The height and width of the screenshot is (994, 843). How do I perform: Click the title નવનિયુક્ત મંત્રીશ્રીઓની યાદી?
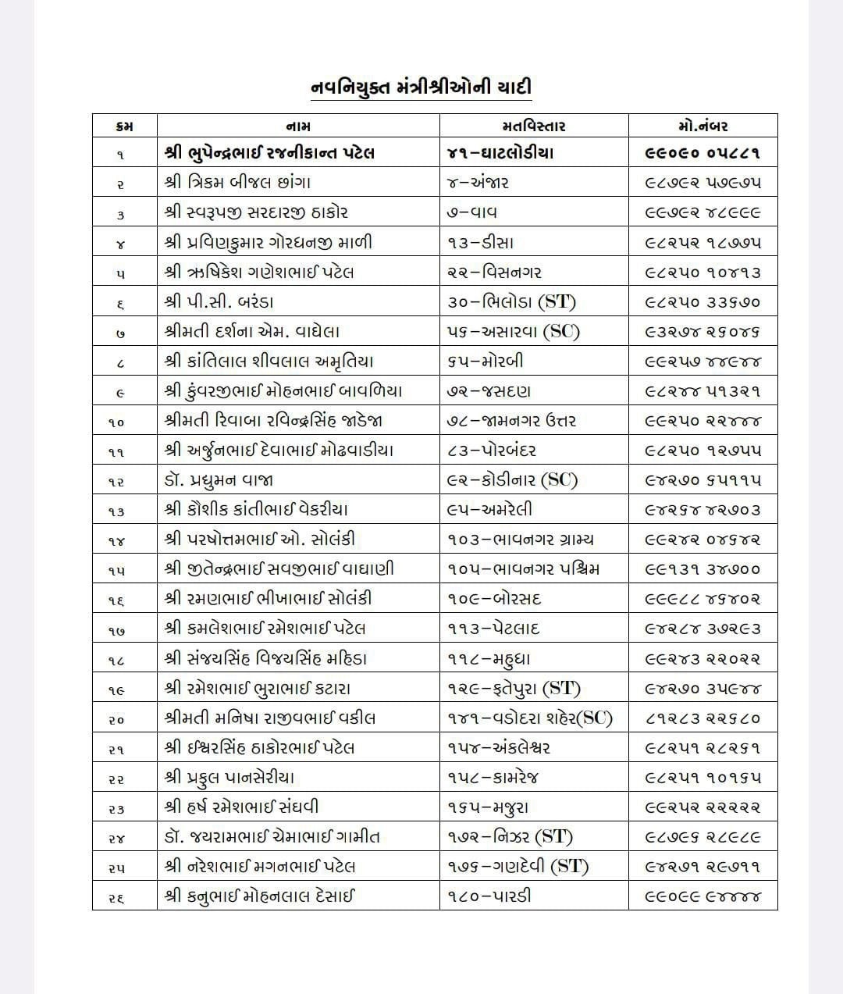[421, 87]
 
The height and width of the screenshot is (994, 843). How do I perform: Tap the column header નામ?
[298, 126]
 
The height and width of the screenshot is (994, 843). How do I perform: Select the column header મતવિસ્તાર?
[534, 126]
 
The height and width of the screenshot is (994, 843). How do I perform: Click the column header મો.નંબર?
[702, 126]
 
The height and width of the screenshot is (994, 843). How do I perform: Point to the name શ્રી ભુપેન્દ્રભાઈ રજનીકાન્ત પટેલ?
[270, 153]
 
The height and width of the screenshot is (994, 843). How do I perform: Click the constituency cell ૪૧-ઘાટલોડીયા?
[500, 153]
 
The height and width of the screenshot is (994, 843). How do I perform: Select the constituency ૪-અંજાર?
[478, 183]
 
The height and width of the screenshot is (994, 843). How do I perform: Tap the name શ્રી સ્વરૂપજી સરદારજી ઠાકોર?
[257, 212]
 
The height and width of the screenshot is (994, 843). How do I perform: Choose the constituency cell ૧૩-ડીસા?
[481, 242]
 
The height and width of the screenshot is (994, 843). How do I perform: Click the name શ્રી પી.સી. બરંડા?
[219, 301]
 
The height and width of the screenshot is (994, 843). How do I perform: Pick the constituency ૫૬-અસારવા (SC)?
[514, 332]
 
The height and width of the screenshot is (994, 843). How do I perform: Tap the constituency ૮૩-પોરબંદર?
[492, 451]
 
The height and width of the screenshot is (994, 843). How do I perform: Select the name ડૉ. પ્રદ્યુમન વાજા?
[219, 480]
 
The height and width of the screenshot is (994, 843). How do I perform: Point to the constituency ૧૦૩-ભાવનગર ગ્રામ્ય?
[521, 540]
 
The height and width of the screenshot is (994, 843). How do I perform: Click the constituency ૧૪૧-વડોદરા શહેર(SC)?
[530, 718]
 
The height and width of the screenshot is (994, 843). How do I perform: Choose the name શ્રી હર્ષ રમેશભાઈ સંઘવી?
[242, 807]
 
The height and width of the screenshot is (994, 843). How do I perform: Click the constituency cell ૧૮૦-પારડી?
[489, 896]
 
